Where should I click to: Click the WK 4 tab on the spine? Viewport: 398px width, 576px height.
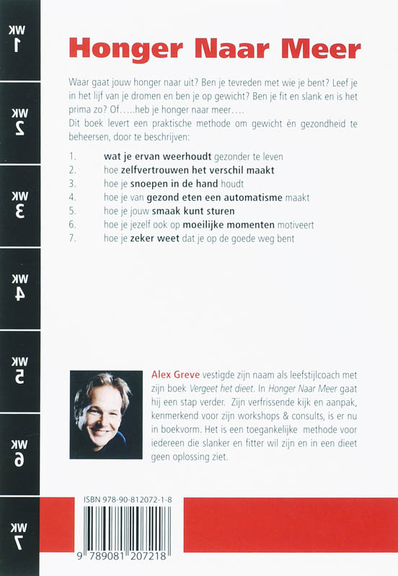coord(19,288)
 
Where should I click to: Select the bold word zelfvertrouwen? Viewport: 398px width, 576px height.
coord(149,171)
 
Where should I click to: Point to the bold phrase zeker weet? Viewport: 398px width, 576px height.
coord(143,238)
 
